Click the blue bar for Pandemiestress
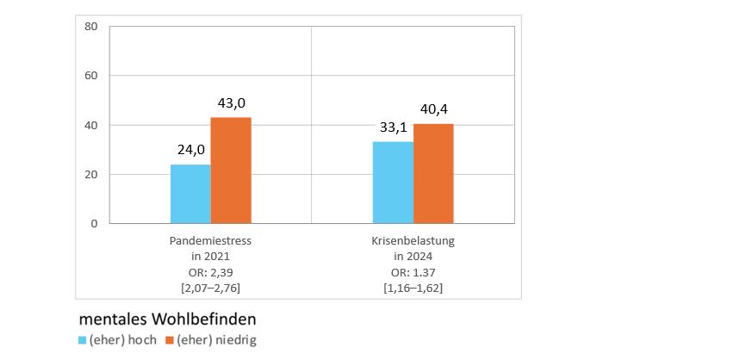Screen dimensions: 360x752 (190, 194)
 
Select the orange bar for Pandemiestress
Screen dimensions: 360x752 (231, 171)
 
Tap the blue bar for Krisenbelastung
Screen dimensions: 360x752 (393, 183)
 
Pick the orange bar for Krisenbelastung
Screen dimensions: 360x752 (433, 173)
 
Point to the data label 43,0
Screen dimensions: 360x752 (231, 103)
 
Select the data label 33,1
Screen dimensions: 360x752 (395, 127)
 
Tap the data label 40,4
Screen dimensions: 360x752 (433, 109)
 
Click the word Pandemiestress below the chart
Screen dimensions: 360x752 (210, 241)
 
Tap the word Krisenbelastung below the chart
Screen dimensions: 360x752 (413, 241)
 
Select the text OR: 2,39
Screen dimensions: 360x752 (210, 272)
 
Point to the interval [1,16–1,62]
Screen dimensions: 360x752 (413, 288)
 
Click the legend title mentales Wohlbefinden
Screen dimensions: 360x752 (167, 319)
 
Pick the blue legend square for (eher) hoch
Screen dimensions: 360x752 (83, 339)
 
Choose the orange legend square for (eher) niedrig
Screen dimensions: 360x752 (170, 339)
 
